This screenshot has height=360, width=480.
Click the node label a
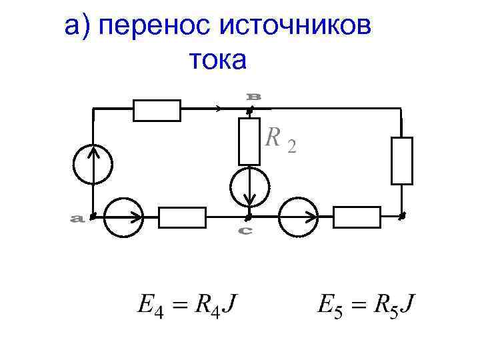(77, 218)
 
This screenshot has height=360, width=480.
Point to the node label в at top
(254, 97)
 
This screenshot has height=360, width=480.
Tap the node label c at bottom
(245, 231)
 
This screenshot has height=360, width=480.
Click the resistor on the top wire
(157, 110)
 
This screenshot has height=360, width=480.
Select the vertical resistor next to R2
(249, 141)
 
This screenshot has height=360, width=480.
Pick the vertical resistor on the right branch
(402, 160)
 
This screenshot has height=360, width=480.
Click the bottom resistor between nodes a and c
(182, 217)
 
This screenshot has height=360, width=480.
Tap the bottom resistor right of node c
(357, 217)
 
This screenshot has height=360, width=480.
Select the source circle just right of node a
(125, 217)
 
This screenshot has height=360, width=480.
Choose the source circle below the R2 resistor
(249, 186)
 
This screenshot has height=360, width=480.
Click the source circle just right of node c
(298, 217)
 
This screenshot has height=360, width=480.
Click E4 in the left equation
(149, 307)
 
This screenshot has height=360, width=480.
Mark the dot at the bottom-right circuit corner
(401, 217)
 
